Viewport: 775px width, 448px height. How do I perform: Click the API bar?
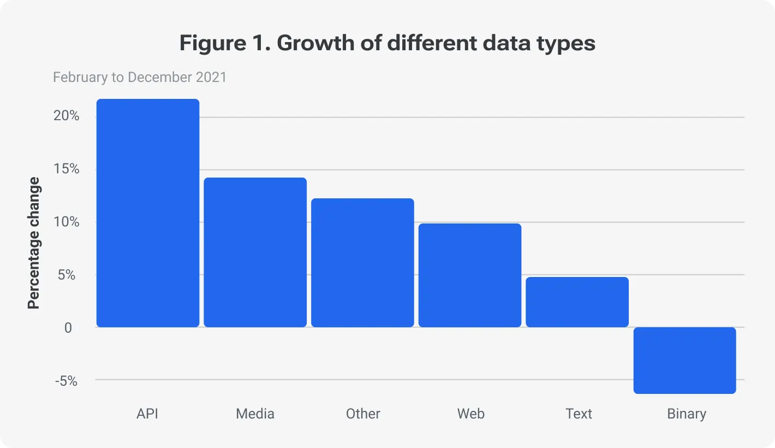148,213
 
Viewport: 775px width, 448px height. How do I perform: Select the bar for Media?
255,252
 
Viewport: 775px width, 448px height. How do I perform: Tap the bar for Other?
362,263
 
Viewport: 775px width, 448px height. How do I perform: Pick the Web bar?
470,275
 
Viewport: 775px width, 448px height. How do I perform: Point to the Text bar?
577,302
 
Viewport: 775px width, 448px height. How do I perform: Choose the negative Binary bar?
684,360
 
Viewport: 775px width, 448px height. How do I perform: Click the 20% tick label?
67,116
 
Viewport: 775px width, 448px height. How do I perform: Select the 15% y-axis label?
67,169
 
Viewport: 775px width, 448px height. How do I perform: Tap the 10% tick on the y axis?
67,222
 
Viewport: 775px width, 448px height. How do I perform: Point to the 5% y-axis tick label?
67,275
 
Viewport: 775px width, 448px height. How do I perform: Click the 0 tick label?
68,328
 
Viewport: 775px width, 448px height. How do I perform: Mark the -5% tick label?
66,381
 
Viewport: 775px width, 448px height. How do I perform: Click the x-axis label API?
147,414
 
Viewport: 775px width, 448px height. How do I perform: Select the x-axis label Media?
255,414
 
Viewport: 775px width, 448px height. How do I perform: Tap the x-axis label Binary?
687,414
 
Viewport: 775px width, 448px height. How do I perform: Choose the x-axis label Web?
470,414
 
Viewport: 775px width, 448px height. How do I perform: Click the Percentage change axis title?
34,243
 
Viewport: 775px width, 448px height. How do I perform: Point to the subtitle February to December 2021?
140,77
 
